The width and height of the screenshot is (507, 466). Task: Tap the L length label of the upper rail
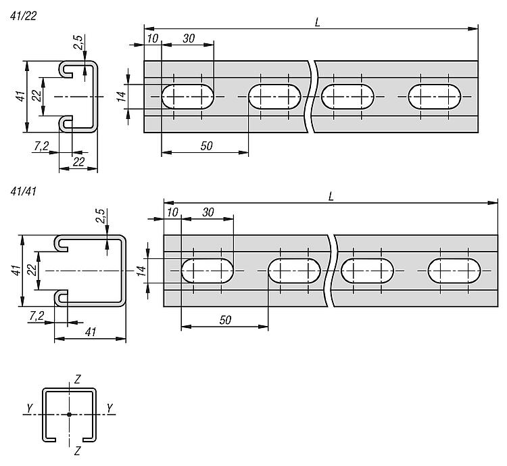pyautogui.click(x=318, y=22)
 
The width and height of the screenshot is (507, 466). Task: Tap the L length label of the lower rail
pyautogui.click(x=331, y=195)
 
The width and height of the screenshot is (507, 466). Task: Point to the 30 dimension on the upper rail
pyautogui.click(x=188, y=39)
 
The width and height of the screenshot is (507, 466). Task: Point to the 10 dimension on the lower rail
pyautogui.click(x=173, y=212)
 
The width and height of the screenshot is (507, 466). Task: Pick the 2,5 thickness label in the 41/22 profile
pyautogui.click(x=79, y=42)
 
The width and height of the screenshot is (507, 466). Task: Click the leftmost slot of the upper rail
pyautogui.click(x=187, y=97)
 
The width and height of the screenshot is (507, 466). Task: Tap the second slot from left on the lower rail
pyautogui.click(x=294, y=271)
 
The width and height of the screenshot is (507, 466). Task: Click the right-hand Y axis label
pyautogui.click(x=110, y=408)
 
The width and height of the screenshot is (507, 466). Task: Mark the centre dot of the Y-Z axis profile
pyautogui.click(x=69, y=414)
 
